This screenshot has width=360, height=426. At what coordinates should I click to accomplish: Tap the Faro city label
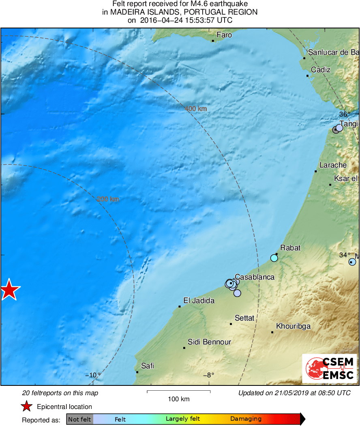click(x=224, y=35)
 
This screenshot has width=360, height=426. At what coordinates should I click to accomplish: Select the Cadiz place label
click(x=321, y=70)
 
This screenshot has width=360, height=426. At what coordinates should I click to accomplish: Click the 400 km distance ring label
click(x=196, y=109)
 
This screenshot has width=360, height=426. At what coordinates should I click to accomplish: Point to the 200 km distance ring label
click(x=108, y=199)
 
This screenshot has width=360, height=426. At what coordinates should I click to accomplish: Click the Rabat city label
click(x=290, y=248)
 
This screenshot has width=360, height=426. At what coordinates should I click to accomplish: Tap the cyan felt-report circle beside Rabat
click(x=274, y=258)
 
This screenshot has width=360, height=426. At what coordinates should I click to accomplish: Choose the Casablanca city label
click(x=255, y=277)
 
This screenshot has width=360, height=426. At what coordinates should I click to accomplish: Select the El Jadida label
click(x=199, y=301)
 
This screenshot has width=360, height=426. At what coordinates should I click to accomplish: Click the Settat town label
click(x=244, y=318)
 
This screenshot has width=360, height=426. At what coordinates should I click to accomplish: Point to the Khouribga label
click(x=293, y=326)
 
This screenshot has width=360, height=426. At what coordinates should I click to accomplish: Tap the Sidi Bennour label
click(x=209, y=342)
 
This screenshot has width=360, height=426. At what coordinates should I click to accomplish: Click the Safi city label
click(x=147, y=366)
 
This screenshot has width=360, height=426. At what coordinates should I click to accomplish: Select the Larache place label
click(x=333, y=165)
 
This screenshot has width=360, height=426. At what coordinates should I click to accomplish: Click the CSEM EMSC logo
click(x=329, y=368)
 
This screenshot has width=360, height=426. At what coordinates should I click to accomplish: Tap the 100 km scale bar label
click(x=179, y=399)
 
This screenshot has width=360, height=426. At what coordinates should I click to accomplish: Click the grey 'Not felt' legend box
click(x=79, y=419)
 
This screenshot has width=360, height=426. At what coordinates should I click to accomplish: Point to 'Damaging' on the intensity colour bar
click(x=246, y=419)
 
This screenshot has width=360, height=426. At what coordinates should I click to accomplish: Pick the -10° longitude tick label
click(x=93, y=375)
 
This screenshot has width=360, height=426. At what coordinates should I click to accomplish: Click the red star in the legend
click(x=27, y=407)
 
